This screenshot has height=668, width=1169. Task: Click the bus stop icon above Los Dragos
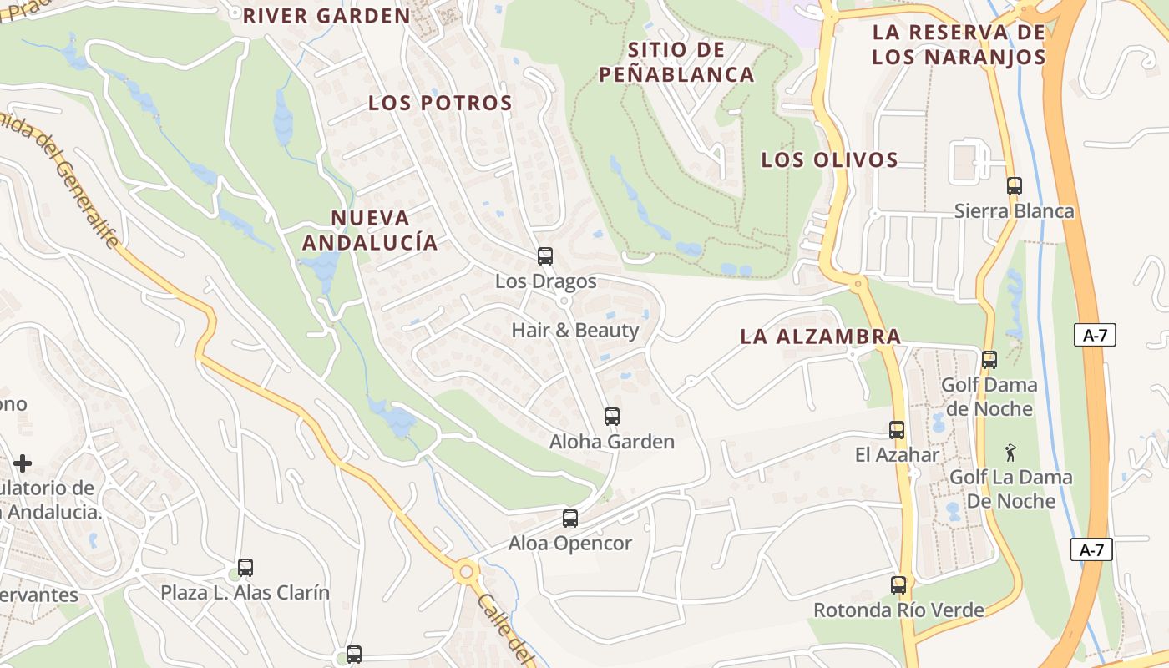(x=545, y=256)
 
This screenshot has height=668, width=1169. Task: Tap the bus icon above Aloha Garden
(x=612, y=416)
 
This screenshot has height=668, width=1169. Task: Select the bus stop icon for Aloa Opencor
(x=570, y=519)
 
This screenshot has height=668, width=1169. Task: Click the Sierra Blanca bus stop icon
(x=1015, y=186)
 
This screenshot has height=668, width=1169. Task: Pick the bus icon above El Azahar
(x=897, y=430)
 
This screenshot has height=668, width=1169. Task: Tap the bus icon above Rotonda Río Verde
(x=898, y=585)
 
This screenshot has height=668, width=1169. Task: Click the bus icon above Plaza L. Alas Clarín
(x=245, y=568)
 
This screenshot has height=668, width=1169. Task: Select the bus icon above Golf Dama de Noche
(x=989, y=360)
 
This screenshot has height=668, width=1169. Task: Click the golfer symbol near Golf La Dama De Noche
(x=1011, y=453)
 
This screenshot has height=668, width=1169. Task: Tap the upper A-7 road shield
(x=1095, y=336)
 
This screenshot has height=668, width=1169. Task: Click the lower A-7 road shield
(x=1092, y=549)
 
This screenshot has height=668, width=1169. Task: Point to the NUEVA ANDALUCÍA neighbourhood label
(x=370, y=230)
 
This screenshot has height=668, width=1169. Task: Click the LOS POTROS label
(x=440, y=104)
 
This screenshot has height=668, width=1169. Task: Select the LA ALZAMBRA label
(x=821, y=337)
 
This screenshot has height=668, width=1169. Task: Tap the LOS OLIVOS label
(x=829, y=160)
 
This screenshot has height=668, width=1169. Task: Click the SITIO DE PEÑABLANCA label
(x=676, y=62)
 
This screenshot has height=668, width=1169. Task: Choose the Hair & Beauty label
(x=575, y=330)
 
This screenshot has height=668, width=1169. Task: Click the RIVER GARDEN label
(x=326, y=16)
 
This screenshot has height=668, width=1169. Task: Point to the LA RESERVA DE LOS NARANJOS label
(x=959, y=44)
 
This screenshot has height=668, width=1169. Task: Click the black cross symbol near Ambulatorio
(x=23, y=463)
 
